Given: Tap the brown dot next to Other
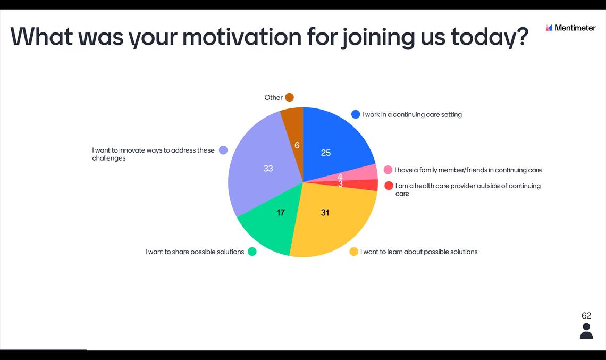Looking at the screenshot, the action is pos(290,97).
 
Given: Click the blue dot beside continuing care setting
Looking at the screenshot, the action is pos(356,114).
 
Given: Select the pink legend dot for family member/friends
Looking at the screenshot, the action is pos(388,170).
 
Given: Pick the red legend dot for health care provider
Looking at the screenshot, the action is pos(389,186).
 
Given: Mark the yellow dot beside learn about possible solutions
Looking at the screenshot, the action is pos(353,252).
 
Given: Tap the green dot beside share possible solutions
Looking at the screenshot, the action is pos(252,252).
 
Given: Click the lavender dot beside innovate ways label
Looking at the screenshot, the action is pos(223,150).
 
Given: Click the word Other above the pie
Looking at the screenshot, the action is pos(273,97).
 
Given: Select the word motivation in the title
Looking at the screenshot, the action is pos(241,37).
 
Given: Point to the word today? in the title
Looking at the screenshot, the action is pos(489,38).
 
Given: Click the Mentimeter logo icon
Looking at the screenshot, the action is pos(549,28).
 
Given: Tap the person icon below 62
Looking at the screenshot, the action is pos(586,331).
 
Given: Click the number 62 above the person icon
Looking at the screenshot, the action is pos(586,315).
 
